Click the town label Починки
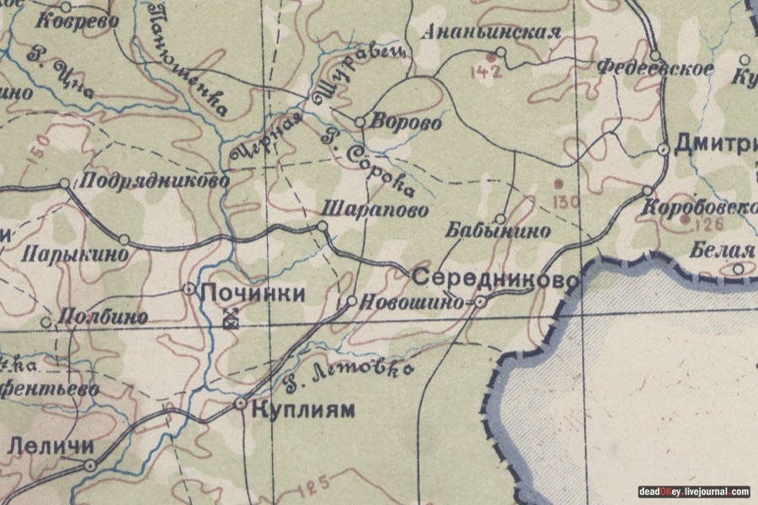pyautogui.click(x=251, y=294)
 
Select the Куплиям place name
pyautogui.click(x=302, y=411)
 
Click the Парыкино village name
pyautogui.click(x=76, y=252)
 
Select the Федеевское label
pyautogui.click(x=655, y=69)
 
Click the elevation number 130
pyautogui.click(x=567, y=201)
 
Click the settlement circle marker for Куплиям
pyautogui.click(x=241, y=405)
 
